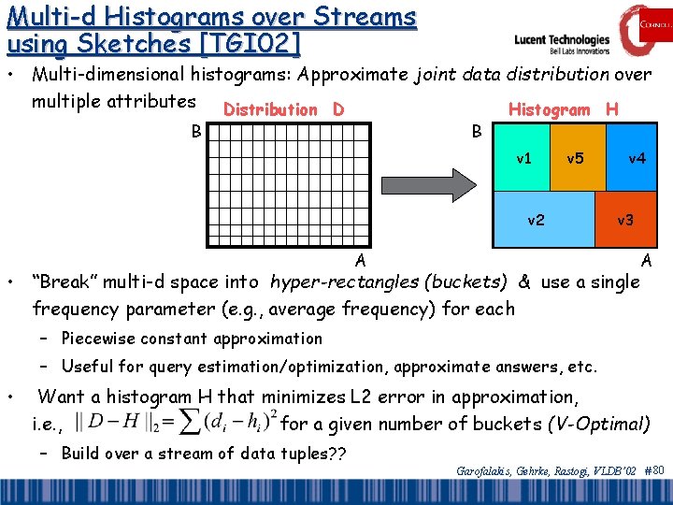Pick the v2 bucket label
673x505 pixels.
coord(537,221)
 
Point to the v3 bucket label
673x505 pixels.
coord(625,221)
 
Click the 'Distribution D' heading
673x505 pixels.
coord(284,109)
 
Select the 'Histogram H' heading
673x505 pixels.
coord(563,109)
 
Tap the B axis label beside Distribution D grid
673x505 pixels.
coord(196,130)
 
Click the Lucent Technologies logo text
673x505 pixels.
coord(562,41)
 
